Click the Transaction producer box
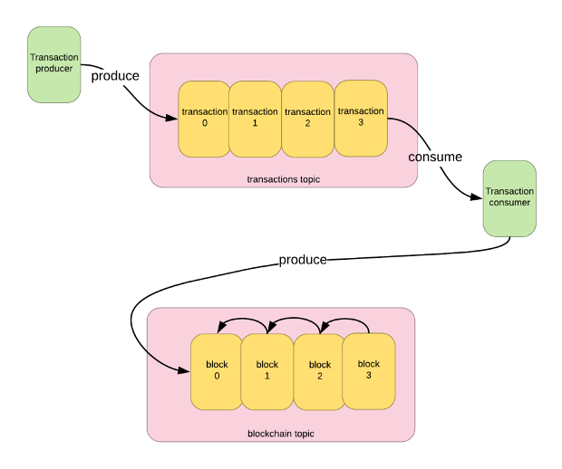[x=54, y=63]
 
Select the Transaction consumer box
[x=509, y=198]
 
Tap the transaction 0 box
[x=204, y=119]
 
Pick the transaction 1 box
[x=255, y=119]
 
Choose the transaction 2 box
[x=307, y=119]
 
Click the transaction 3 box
[x=361, y=117]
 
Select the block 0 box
[x=217, y=371]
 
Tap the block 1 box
[x=267, y=371]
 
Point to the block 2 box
[x=319, y=371]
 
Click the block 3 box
[x=369, y=369]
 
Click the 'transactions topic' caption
[x=283, y=179]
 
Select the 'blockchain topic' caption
[x=280, y=434]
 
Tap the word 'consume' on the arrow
[x=435, y=158]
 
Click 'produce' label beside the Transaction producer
[x=115, y=76]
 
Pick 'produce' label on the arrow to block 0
[x=303, y=260]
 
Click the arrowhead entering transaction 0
[x=173, y=118]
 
